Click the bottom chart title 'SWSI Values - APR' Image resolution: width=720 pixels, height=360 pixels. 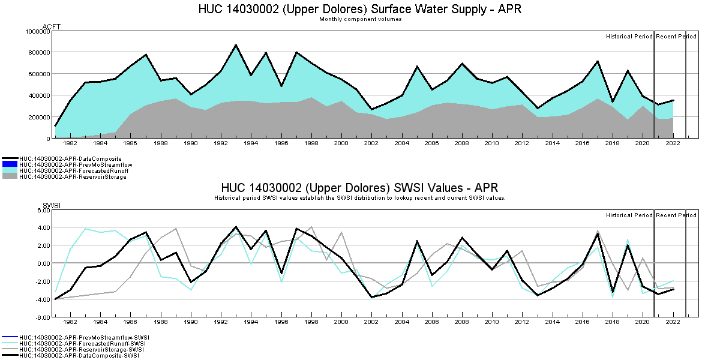click(359, 188)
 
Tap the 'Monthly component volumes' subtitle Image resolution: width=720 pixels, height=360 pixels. click(360, 19)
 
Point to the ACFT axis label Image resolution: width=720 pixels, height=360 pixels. click(52, 26)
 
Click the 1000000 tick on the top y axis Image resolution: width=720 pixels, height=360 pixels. click(37, 31)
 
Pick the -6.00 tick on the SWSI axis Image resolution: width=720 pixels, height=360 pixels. click(42, 317)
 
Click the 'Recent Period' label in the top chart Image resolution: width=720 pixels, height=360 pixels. click(676, 37)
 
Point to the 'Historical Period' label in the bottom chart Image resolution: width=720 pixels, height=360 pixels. click(629, 215)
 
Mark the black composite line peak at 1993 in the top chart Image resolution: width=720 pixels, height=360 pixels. click(236, 45)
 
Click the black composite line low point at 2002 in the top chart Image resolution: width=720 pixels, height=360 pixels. click(372, 109)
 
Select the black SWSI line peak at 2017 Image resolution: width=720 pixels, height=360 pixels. click(598, 233)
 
